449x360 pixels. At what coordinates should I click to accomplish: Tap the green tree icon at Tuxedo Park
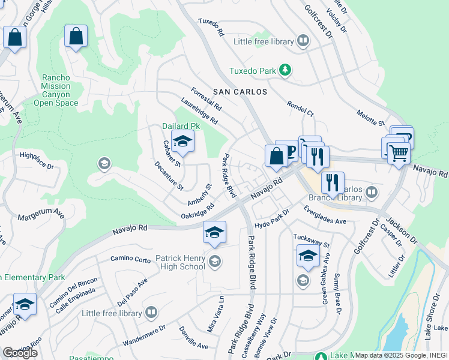coord(285,71)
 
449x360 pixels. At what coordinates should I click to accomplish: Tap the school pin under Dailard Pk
coord(182,143)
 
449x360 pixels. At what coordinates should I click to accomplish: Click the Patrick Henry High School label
coord(181,262)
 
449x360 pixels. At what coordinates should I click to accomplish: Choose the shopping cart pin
coord(398,152)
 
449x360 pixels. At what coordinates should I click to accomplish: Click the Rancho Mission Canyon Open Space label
coord(56,91)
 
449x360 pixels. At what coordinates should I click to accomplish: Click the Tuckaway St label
coord(312,241)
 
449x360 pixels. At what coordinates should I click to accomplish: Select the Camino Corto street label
coord(130,259)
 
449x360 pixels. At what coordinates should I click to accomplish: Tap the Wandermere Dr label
coord(145,332)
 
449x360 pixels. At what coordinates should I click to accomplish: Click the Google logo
coord(20,353)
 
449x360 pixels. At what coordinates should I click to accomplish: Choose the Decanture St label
coord(169,176)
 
